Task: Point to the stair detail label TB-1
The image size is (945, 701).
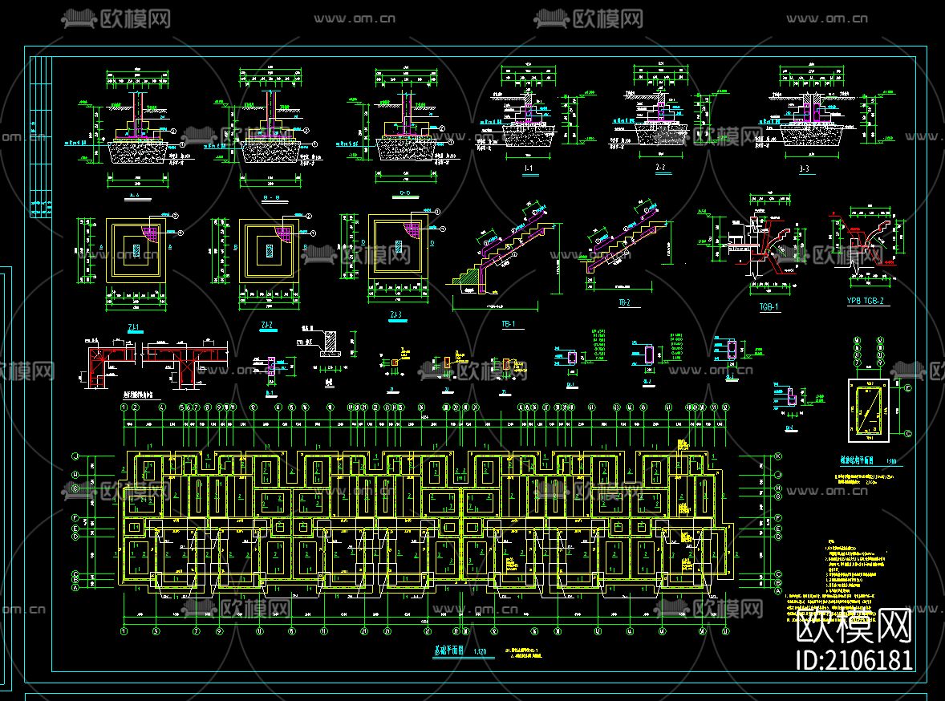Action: (x=507, y=325)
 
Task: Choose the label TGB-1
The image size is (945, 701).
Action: (x=769, y=306)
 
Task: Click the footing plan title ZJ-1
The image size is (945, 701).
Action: (x=133, y=326)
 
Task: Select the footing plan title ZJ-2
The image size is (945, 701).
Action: (x=267, y=325)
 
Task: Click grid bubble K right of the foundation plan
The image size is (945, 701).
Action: (x=777, y=456)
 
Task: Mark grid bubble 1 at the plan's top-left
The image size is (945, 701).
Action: (x=124, y=407)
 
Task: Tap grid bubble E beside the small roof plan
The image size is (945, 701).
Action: (x=907, y=388)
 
